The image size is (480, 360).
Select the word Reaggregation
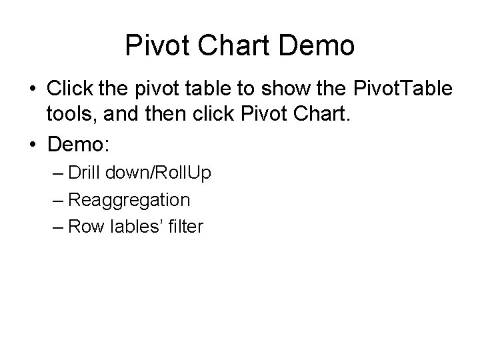(x=129, y=199)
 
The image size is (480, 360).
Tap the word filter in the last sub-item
(x=185, y=227)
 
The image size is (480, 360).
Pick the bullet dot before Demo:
(x=32, y=146)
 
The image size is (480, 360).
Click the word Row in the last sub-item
(x=83, y=227)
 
